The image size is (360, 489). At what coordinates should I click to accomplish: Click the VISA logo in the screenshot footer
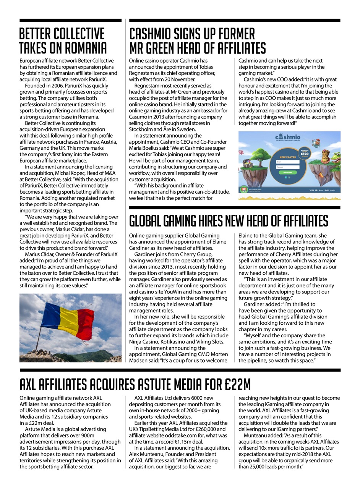(x=311, y=190)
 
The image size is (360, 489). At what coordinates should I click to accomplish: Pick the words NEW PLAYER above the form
(x=288, y=157)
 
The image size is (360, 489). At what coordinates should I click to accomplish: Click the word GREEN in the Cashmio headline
(x=166, y=49)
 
